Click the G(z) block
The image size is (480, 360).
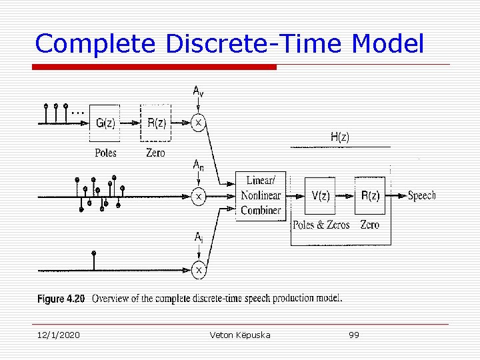click(x=105, y=123)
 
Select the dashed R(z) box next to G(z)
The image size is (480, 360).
click(x=155, y=123)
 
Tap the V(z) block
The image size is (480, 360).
click(x=320, y=195)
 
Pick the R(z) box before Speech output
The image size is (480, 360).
click(x=371, y=195)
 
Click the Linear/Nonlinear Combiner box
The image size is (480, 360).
click(x=261, y=195)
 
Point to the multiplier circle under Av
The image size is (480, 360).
click(x=198, y=123)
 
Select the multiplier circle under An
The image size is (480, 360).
click(x=198, y=197)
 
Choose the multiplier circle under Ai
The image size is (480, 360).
click(x=198, y=269)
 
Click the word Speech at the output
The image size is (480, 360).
click(x=421, y=195)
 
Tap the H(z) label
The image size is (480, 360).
click(x=339, y=137)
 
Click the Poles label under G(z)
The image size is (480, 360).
click(x=105, y=153)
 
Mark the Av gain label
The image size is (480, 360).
click(x=199, y=91)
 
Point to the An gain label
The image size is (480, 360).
click(x=199, y=165)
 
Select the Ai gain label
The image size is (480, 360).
click(x=199, y=237)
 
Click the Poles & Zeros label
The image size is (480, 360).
click(x=321, y=225)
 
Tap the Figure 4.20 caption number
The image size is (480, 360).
click(x=61, y=299)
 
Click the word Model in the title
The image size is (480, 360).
click(x=387, y=44)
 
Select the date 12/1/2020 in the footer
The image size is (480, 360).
click(x=58, y=335)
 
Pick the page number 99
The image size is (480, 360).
click(x=354, y=335)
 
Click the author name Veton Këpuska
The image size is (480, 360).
click(x=240, y=335)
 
